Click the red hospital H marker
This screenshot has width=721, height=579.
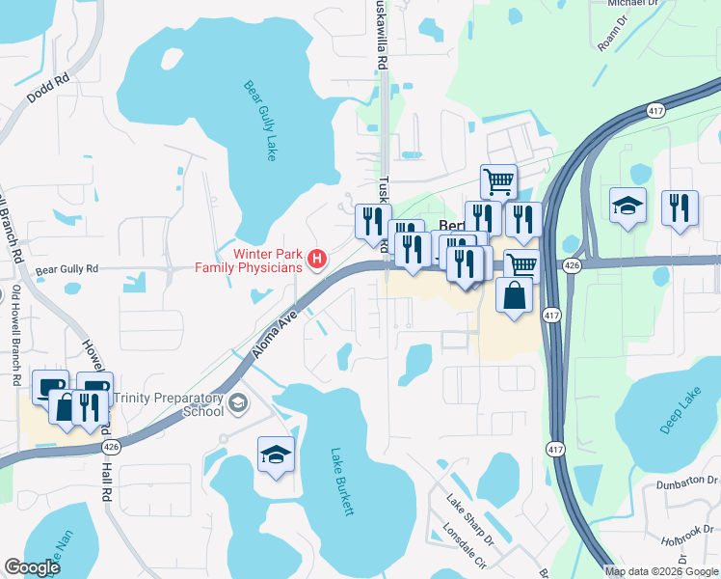(315, 259)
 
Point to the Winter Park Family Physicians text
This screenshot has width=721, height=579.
(249, 259)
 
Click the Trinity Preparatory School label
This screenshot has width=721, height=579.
(168, 404)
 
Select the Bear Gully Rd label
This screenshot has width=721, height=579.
(67, 270)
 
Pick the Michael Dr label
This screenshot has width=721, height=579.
(635, 3)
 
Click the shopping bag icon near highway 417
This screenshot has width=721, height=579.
(515, 296)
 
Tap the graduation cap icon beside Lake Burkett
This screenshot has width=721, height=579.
(276, 455)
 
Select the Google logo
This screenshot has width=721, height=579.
(32, 567)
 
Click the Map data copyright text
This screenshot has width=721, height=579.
(660, 571)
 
